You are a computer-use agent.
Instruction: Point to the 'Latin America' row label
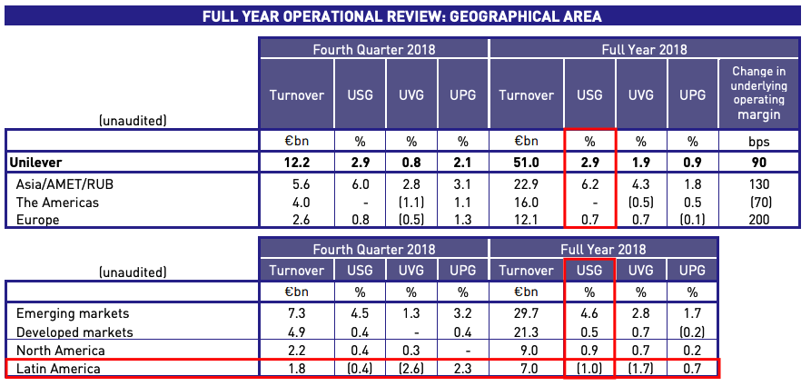click(x=58, y=368)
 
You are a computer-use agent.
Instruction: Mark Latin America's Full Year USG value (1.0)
click(x=589, y=368)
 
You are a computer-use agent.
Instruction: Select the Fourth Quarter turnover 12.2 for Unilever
click(x=297, y=163)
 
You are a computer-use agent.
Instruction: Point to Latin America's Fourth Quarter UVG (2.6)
click(x=410, y=368)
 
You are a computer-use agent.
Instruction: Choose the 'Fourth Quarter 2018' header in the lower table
click(x=373, y=249)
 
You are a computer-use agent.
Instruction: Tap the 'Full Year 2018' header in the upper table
click(x=644, y=49)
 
